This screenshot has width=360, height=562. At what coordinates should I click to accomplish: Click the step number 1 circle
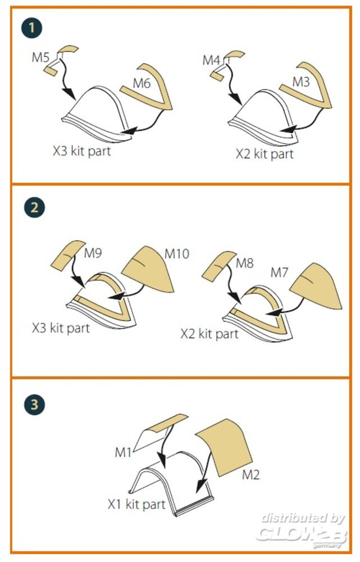(31, 28)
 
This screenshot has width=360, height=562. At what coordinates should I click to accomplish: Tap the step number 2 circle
(34, 207)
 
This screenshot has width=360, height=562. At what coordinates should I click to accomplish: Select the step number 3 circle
(34, 405)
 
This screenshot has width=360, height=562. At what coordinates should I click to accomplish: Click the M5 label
(40, 57)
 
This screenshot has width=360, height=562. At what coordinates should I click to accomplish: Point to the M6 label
(142, 84)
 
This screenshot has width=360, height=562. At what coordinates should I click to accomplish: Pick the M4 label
(211, 60)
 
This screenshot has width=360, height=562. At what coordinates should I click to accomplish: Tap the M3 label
(301, 82)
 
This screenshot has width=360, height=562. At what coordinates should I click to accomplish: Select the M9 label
(93, 253)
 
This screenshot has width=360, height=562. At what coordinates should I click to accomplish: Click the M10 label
(176, 254)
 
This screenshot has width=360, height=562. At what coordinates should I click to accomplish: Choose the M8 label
(245, 264)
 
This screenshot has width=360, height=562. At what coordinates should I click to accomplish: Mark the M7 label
(279, 273)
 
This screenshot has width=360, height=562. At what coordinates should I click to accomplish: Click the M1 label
(123, 452)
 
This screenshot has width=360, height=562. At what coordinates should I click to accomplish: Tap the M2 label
(250, 475)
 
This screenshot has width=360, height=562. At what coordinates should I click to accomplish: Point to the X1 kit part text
(136, 504)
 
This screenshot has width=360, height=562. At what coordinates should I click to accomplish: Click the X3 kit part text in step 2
(61, 328)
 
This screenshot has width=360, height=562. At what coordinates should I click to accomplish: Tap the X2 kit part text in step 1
(265, 154)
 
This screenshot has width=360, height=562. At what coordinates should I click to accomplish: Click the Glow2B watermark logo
(302, 530)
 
